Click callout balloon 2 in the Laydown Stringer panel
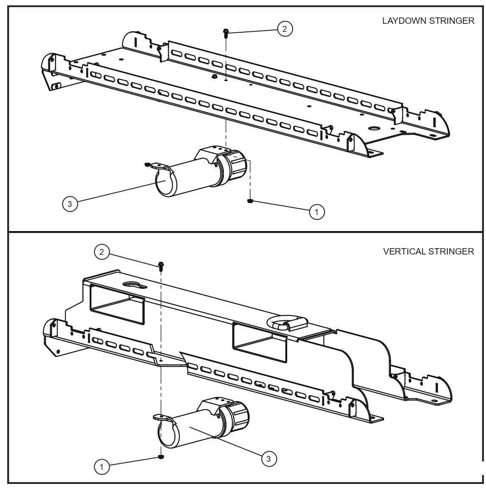click(285, 29)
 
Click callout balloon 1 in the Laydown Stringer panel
click(317, 211)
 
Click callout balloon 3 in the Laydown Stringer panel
click(70, 204)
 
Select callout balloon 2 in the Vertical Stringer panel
click(101, 252)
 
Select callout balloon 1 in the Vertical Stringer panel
click(101, 467)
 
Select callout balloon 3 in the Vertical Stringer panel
click(268, 458)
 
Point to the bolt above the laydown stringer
click(226, 33)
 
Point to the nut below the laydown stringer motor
click(251, 201)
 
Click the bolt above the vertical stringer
click(161, 266)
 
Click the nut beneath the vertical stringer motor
click(161, 457)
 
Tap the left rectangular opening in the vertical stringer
click(117, 304)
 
